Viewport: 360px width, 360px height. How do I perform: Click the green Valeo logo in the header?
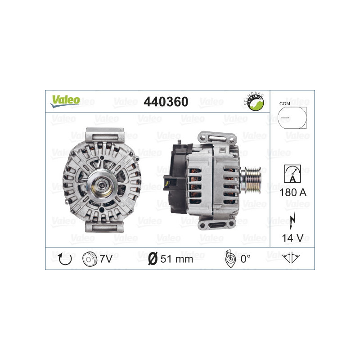pos(65,100)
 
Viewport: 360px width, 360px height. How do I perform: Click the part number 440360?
pos(165,102)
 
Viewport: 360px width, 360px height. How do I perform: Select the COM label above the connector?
pos(284,103)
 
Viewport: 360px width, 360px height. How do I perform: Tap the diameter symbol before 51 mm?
pos(153,259)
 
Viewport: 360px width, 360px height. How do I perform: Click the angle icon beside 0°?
pos(229,258)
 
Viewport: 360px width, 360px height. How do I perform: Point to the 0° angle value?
pos(245,259)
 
